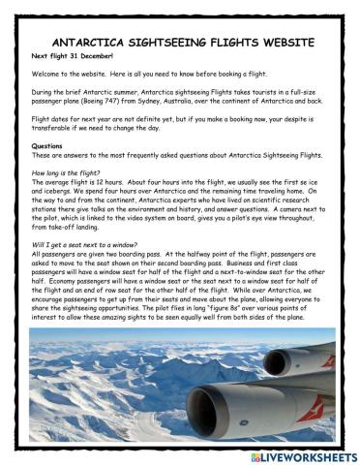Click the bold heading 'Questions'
point(46,145)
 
